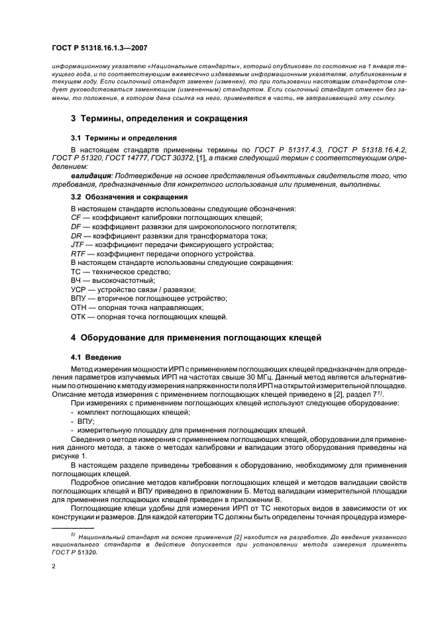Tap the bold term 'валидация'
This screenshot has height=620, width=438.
[x=89, y=175]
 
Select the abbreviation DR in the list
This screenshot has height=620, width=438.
[x=76, y=236]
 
